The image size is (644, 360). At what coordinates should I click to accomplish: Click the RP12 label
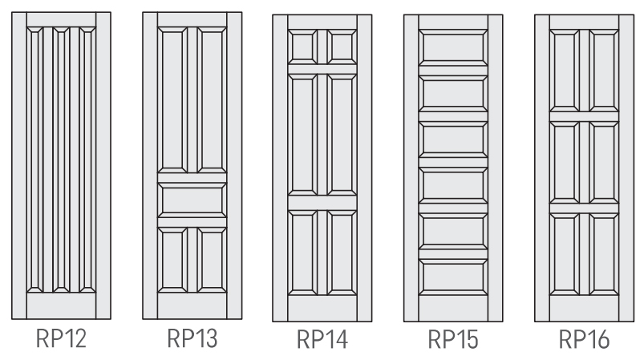(x=61, y=338)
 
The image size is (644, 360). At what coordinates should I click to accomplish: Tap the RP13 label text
(x=192, y=338)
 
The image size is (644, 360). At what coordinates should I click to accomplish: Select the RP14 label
(x=322, y=339)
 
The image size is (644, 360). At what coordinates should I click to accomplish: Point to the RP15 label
(x=453, y=339)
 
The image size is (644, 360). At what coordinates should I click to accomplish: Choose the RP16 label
(x=584, y=339)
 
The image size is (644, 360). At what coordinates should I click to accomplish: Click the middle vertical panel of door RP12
(x=61, y=160)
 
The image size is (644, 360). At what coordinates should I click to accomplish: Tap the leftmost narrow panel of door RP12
(x=35, y=160)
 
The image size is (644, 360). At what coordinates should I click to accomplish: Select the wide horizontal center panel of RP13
(x=192, y=200)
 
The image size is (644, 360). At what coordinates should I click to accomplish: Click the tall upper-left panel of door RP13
(x=172, y=99)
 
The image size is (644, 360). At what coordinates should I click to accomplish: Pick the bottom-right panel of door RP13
(x=212, y=261)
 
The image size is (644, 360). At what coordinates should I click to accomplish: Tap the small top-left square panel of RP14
(x=302, y=47)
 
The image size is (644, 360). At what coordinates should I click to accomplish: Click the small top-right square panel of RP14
(x=342, y=47)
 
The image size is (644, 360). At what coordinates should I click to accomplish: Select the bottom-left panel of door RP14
(x=302, y=253)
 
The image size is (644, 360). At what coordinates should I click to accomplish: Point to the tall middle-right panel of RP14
(x=342, y=135)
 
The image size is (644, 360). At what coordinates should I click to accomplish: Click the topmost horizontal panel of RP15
(x=453, y=47)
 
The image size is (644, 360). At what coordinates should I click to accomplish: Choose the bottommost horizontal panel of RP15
(x=453, y=277)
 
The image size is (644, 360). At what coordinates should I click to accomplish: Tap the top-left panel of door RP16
(x=565, y=71)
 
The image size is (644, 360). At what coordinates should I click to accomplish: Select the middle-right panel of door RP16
(x=604, y=163)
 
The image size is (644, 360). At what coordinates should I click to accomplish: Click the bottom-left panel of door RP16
(x=565, y=254)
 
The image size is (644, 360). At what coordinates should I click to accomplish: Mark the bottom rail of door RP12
(x=61, y=305)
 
